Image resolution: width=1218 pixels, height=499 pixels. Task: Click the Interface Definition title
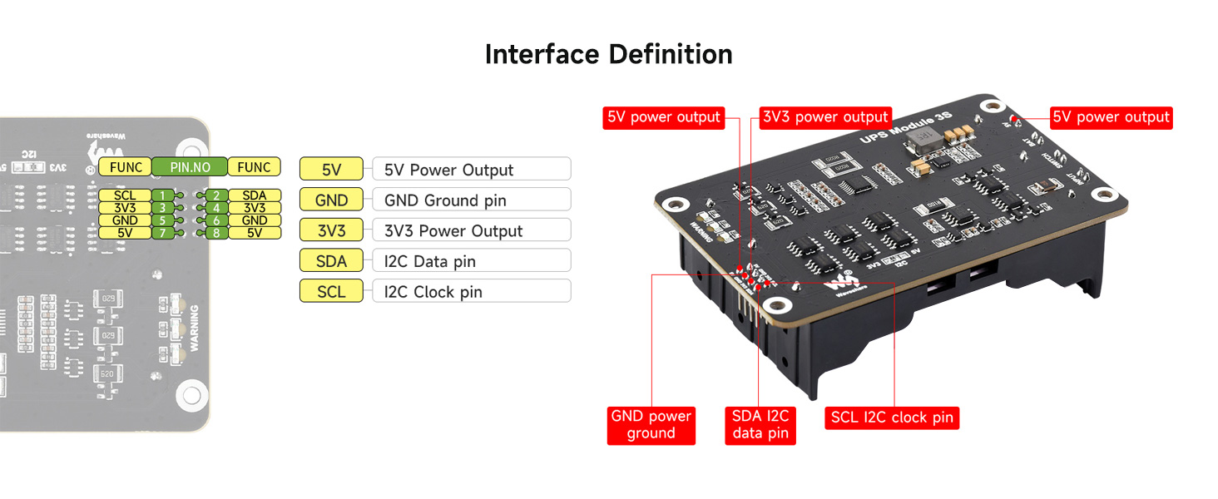[x=608, y=55]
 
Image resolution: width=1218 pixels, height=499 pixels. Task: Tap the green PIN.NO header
[x=190, y=167]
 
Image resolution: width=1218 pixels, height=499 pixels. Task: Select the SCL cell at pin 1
[x=124, y=195]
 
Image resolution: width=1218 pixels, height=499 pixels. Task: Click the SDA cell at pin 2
[x=255, y=195]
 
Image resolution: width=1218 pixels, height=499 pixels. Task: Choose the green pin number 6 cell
[x=215, y=220]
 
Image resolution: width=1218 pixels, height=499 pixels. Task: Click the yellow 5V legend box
[x=331, y=170]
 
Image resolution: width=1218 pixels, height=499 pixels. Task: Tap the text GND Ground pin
[x=445, y=200]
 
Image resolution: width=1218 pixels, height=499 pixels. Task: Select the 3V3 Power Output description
[x=453, y=231]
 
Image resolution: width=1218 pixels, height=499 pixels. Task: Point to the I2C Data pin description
[x=430, y=261]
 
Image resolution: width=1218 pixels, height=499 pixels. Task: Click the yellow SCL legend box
[x=331, y=292]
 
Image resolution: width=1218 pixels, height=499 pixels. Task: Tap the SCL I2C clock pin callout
[x=892, y=417]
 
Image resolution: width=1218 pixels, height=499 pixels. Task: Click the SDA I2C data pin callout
[x=760, y=424]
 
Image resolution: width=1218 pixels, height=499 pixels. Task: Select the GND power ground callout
[x=651, y=424]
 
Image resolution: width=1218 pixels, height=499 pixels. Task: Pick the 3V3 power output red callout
[x=825, y=117]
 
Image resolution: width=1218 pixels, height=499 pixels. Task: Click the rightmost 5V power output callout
[x=1111, y=117]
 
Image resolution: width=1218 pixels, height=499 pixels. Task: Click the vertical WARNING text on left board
[x=194, y=328]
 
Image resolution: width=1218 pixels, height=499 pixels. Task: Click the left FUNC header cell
[x=126, y=167]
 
